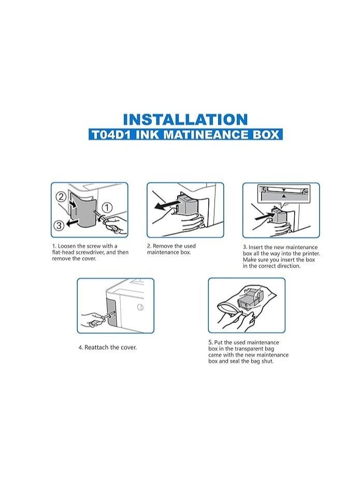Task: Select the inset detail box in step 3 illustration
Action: (285, 194)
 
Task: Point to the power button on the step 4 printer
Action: (139, 307)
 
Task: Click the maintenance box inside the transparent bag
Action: (249, 301)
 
